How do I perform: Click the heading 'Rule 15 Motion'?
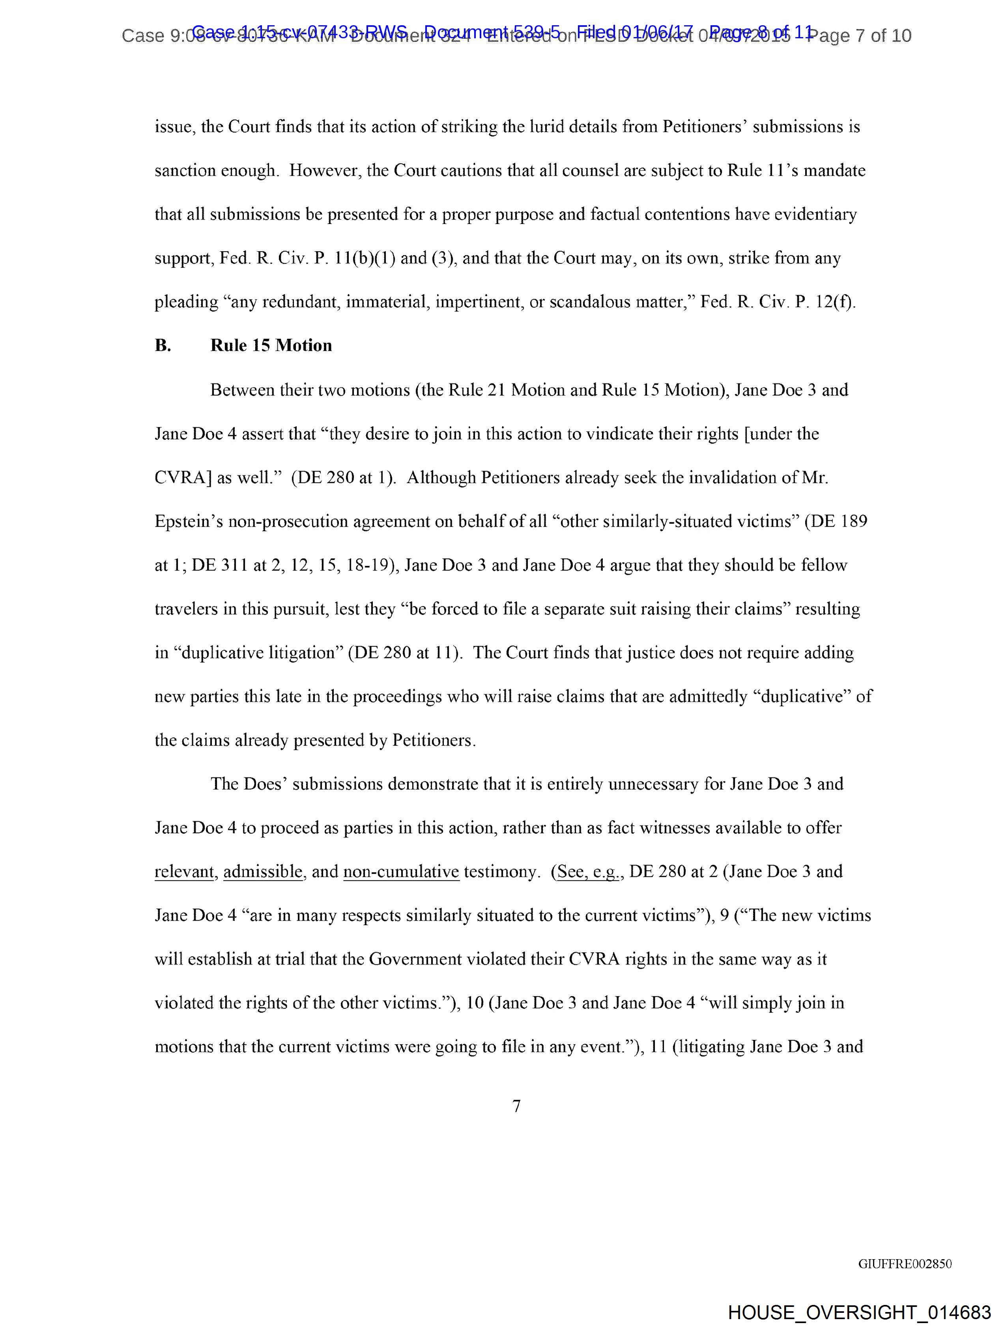271,346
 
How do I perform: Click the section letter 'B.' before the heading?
163,346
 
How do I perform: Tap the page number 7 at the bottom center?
516,1106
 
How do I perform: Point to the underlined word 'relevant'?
184,872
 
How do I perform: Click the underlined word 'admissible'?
263,872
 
